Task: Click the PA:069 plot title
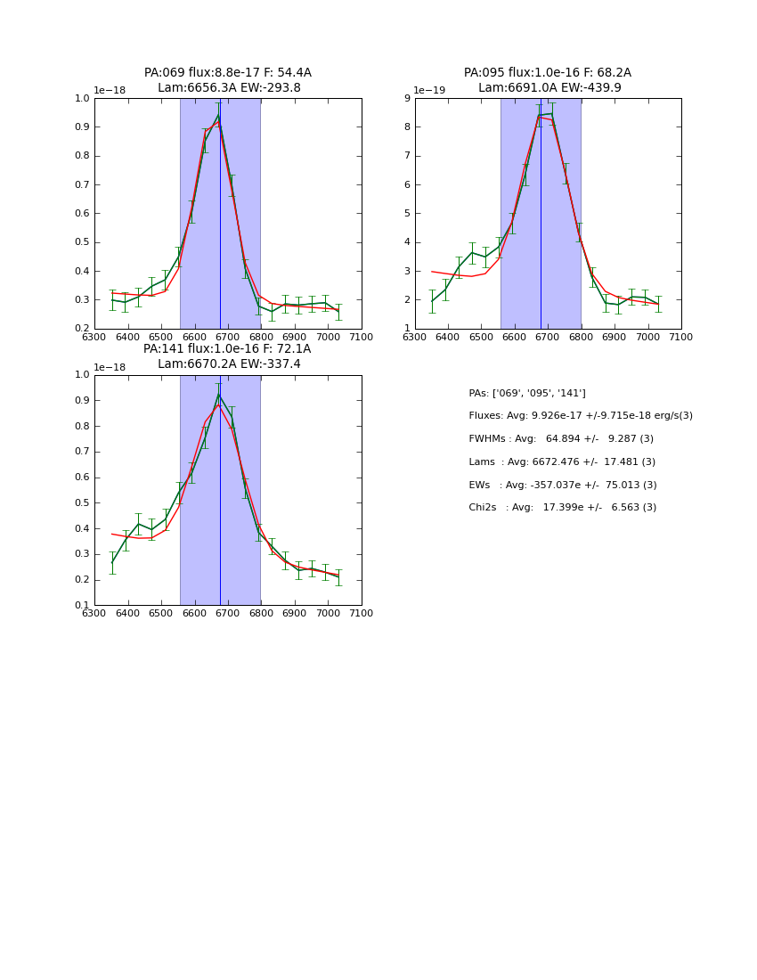(x=227, y=80)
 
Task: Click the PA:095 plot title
(x=548, y=80)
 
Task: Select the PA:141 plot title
(x=227, y=356)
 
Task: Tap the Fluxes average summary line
(x=580, y=416)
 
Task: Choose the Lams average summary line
(x=562, y=462)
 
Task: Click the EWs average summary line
(x=563, y=485)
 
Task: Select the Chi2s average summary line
(x=563, y=508)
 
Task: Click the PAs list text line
(x=527, y=393)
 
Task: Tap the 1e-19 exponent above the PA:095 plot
(x=430, y=90)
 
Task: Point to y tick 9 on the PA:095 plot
(x=407, y=98)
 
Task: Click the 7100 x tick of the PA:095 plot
(x=681, y=337)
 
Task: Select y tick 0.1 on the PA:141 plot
(x=83, y=605)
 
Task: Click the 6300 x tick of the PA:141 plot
(x=94, y=613)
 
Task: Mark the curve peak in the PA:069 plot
(x=218, y=114)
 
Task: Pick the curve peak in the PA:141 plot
(x=218, y=393)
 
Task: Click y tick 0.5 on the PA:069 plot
(x=83, y=242)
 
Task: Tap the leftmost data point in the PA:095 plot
(x=432, y=301)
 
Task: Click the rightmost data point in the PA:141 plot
(x=338, y=576)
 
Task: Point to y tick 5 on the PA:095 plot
(x=407, y=213)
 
